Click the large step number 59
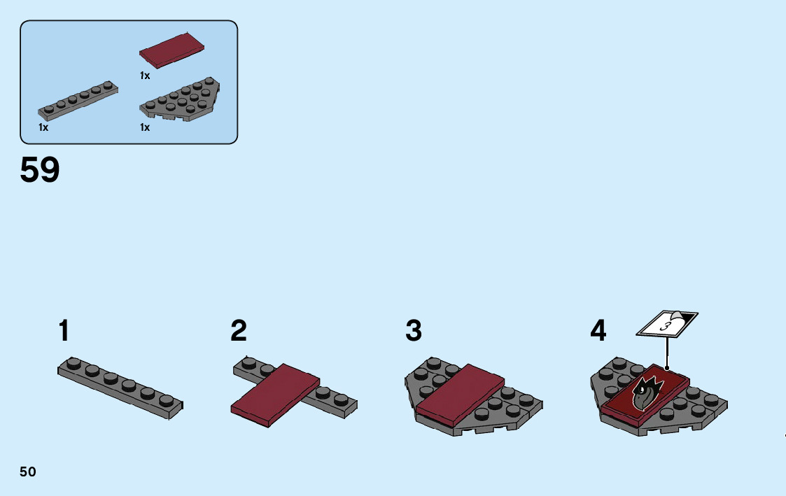pos(40,170)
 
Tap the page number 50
pos(28,472)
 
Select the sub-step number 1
pos(64,331)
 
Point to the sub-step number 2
pos(239,331)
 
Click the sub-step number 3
pos(414,331)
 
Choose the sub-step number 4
pos(598,331)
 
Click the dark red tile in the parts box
pos(172,49)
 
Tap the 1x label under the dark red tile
pos(145,76)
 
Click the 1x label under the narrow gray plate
pos(43,127)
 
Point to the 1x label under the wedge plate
pos(145,127)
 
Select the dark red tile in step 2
pos(275,392)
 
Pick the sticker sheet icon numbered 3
pos(666,324)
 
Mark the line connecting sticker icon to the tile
pos(667,352)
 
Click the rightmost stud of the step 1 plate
pos(165,400)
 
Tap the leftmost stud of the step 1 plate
pos(73,362)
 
